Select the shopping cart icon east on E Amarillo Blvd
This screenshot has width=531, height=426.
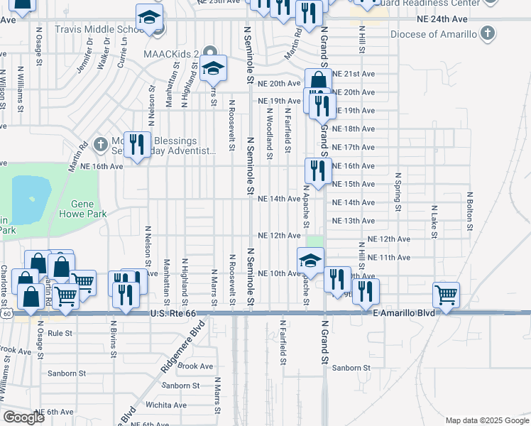coord(446,293)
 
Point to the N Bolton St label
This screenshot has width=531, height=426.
coord(470,211)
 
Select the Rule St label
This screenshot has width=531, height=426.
coord(60,332)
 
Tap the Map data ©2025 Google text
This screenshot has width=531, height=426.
coord(486,420)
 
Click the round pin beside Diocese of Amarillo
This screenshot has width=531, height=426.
coord(486,33)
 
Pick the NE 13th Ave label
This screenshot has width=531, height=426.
coord(358,221)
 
